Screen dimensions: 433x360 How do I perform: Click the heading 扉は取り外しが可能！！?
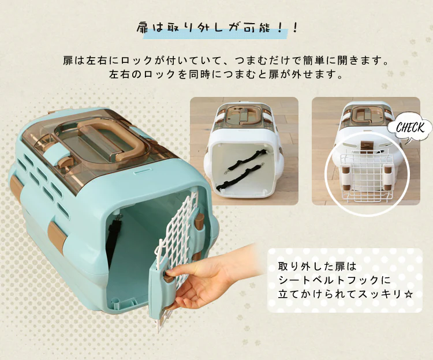[216, 28]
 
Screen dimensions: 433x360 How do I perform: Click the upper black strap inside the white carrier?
[248, 161]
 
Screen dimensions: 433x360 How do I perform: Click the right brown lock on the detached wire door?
[387, 177]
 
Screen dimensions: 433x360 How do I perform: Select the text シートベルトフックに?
[334, 280]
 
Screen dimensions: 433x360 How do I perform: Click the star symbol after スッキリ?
[408, 294]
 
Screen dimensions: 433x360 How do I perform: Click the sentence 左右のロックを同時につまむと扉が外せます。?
[226, 74]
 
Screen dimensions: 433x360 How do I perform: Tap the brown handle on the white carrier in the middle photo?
[243, 116]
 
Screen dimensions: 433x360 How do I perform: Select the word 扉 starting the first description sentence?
[68, 61]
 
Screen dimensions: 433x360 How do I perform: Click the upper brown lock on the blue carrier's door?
[199, 221]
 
